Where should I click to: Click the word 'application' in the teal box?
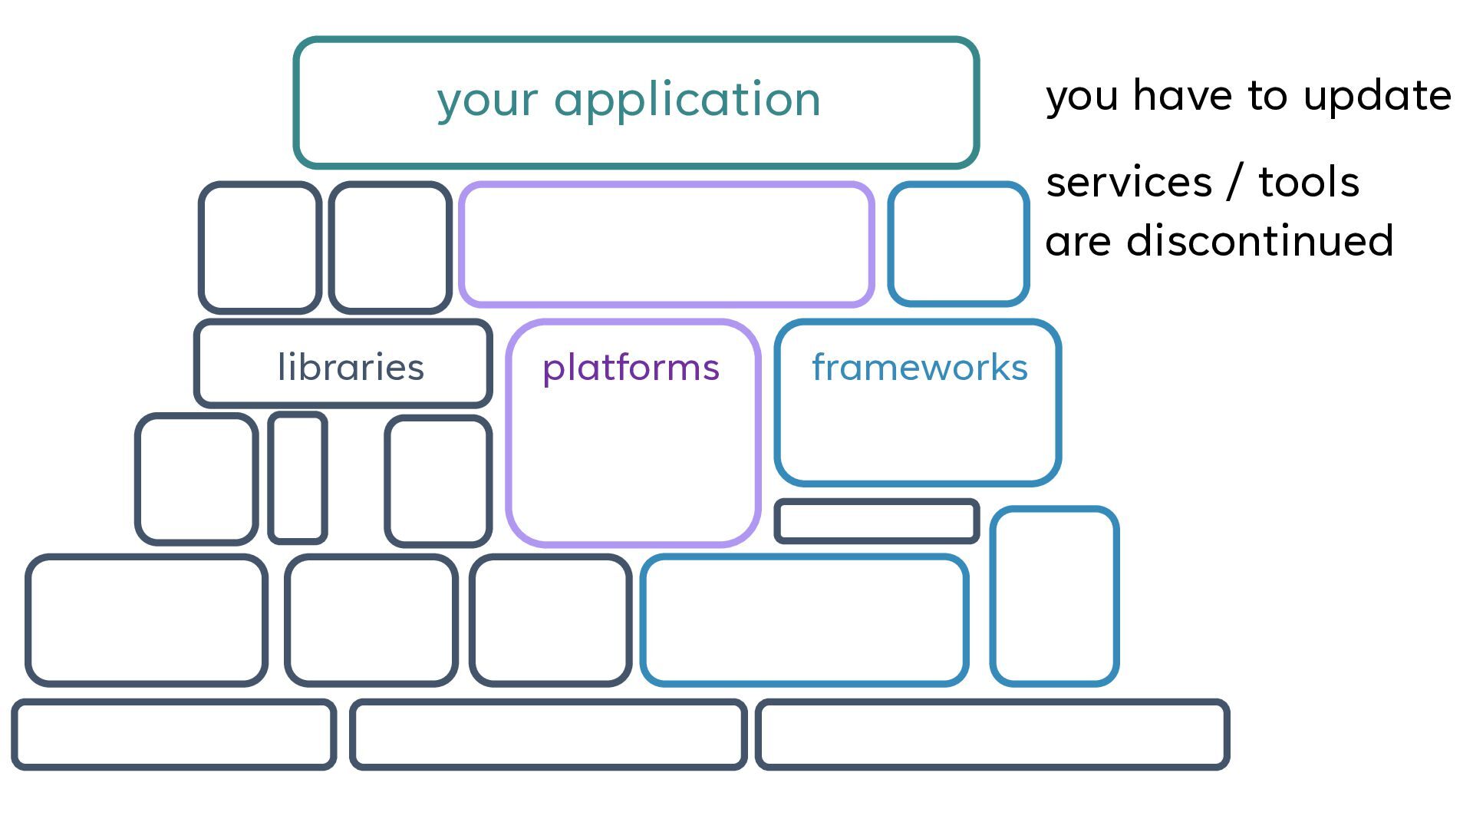pyautogui.click(x=687, y=100)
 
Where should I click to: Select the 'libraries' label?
pyautogui.click(x=351, y=367)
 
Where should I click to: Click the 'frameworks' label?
pyautogui.click(x=920, y=367)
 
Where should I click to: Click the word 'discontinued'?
pyautogui.click(x=1260, y=240)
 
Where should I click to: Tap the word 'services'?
pyautogui.click(x=1129, y=183)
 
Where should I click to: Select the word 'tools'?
pyautogui.click(x=1309, y=183)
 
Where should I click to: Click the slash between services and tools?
pyautogui.click(x=1235, y=183)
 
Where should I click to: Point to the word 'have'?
pyautogui.click(x=1182, y=96)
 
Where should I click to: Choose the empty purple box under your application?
pyautogui.click(x=666, y=184)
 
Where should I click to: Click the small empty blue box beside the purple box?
pyautogui.click(x=958, y=184)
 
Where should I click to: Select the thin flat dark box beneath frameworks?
pyautogui.click(x=876, y=502)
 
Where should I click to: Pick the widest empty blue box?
pyautogui.click(x=804, y=557)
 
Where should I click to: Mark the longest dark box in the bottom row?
pyautogui.click(x=992, y=702)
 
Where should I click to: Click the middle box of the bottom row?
pyautogui.click(x=548, y=702)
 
